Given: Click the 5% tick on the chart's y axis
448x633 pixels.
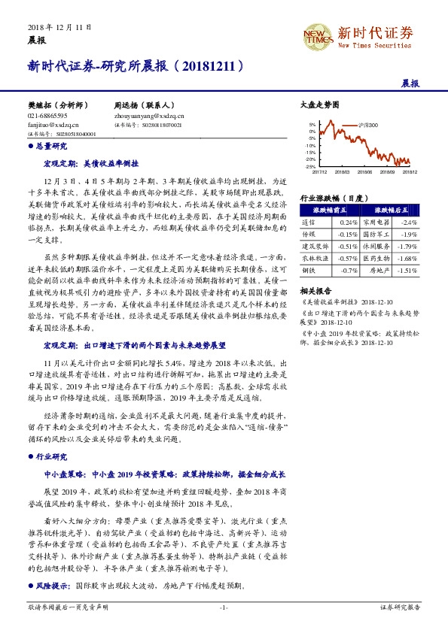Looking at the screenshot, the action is click(x=312, y=125).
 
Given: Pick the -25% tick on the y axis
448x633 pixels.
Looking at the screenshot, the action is click(x=310, y=166).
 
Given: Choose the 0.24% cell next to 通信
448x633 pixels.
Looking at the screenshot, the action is click(x=347, y=223).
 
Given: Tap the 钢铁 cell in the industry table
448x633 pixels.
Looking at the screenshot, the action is click(x=309, y=268).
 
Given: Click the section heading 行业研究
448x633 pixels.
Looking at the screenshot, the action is click(x=52, y=456).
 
